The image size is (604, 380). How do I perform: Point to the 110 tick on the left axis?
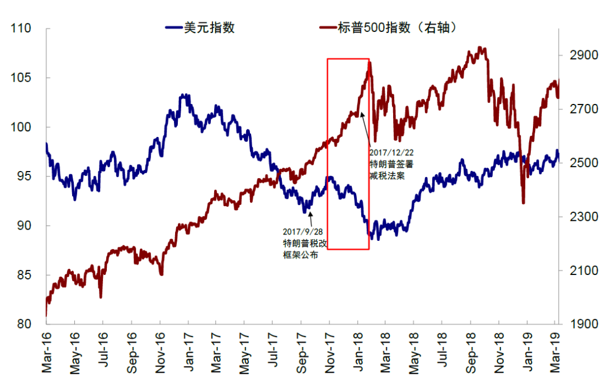point(24,29)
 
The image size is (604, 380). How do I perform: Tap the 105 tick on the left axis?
point(24,78)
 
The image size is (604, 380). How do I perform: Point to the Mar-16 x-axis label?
point(47,352)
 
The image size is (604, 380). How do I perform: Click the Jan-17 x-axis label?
point(188,352)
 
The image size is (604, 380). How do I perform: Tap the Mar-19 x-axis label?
point(555,352)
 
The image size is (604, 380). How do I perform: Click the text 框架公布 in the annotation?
point(300,255)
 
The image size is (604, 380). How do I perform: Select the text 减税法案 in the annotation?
point(386,175)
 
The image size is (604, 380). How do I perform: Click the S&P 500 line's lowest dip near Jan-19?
point(523,202)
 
